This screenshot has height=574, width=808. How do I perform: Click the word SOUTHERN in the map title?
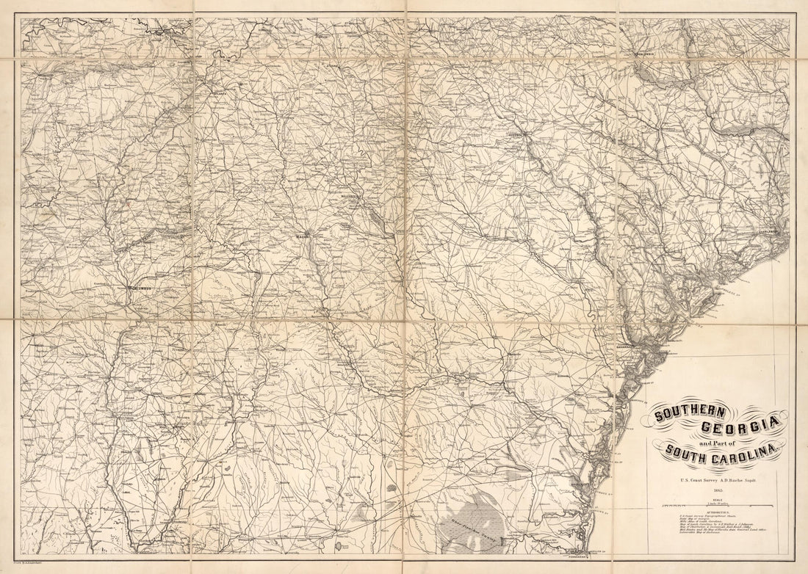click(x=690, y=414)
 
